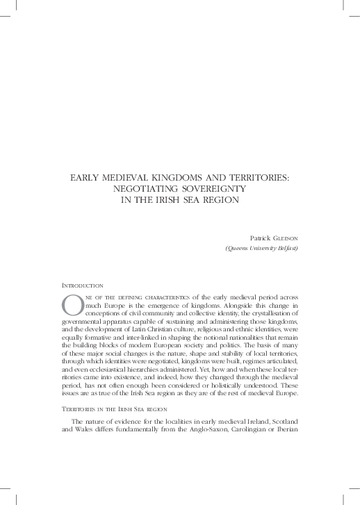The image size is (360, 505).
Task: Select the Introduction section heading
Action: tap(83, 285)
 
